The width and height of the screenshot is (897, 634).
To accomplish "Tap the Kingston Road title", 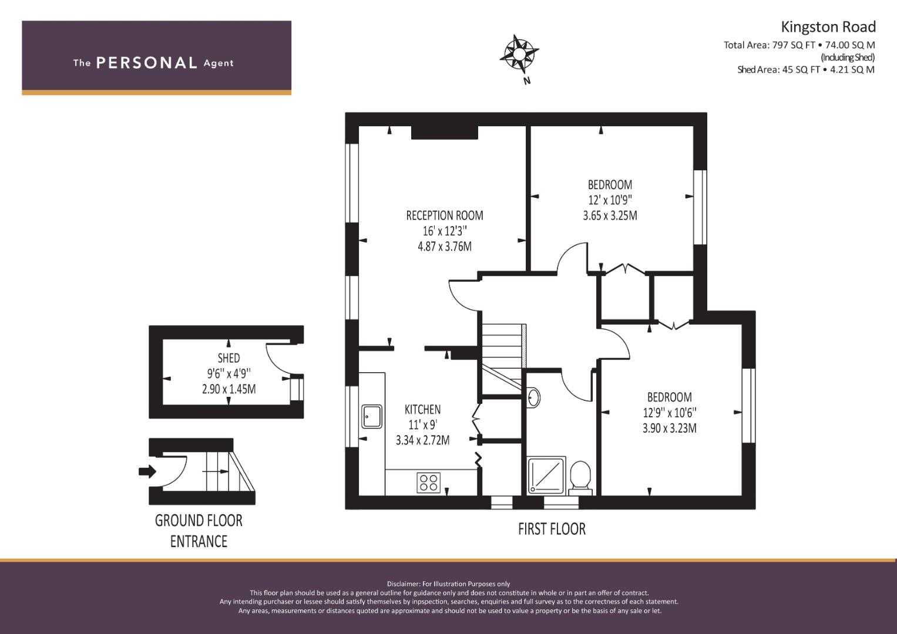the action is tap(828, 27).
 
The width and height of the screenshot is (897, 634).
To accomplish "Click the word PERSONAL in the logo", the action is tap(147, 63).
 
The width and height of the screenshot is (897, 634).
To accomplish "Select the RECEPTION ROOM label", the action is tap(445, 216).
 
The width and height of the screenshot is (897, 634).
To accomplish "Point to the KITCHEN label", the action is tap(422, 410).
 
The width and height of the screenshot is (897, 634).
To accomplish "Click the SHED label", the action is tap(229, 358).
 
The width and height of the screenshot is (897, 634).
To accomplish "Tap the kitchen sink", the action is tap(372, 416).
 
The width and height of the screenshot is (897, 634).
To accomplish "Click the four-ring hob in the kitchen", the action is tap(428, 483).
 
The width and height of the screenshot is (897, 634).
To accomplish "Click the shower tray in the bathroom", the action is tap(546, 475).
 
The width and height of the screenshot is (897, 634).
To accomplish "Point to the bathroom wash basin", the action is tap(533, 397).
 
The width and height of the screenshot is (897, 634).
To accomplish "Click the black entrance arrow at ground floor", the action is tap(147, 471).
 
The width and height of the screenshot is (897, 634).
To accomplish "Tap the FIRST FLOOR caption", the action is tap(552, 529).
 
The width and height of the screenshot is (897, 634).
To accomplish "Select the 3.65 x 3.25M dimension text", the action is tap(610, 216).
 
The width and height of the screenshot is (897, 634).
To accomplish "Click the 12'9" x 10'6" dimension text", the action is tap(670, 413).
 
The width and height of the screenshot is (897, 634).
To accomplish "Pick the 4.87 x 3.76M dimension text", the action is tap(445, 246).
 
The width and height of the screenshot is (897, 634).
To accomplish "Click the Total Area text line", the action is tap(799, 45).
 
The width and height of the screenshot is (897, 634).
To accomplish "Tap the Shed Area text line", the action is tap(806, 70).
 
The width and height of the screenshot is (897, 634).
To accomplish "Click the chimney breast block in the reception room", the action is tap(445, 133).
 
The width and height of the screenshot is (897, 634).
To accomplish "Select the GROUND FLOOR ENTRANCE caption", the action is tap(199, 531).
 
